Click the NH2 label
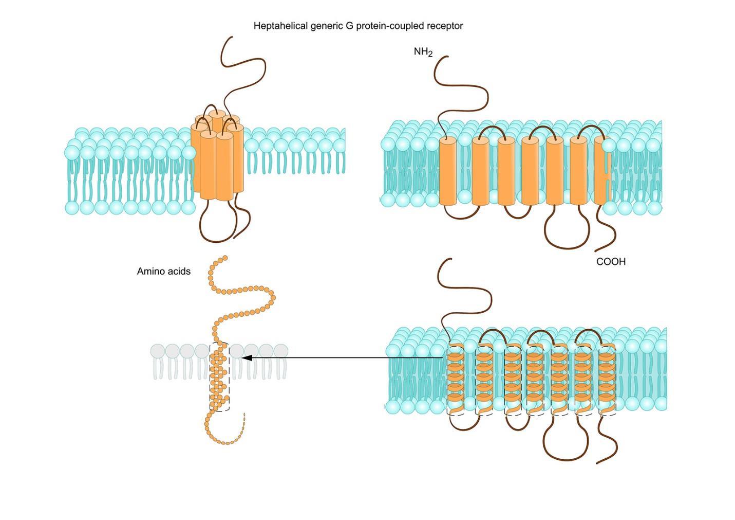(x=423, y=52)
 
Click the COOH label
(x=611, y=262)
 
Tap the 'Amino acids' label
(x=163, y=271)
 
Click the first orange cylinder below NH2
(x=447, y=171)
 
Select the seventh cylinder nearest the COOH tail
(x=599, y=171)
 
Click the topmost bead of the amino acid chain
(x=224, y=258)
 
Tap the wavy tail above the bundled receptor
(x=247, y=72)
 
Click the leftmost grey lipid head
(x=158, y=351)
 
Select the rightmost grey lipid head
(x=280, y=351)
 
